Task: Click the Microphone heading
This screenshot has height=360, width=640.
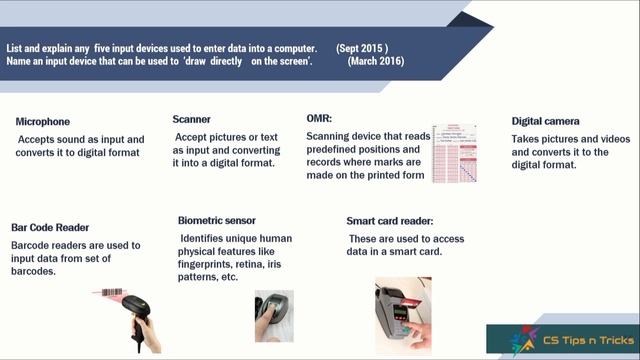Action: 43,122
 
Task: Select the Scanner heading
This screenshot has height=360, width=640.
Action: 191,118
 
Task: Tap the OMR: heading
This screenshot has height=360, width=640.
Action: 319,117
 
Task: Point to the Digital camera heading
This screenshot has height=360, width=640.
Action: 545,121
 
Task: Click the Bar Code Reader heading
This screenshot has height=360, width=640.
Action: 50,227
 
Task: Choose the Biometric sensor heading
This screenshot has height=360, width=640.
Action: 216,220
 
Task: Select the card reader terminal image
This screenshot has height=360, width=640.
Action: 403,312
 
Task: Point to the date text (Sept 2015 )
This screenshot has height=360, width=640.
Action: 363,48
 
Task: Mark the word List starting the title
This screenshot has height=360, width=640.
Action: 15,48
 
